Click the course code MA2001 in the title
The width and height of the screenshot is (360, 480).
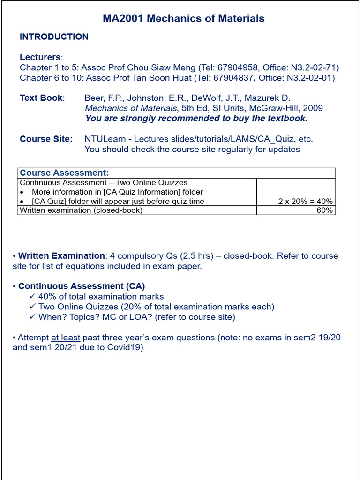pyautogui.click(x=123, y=19)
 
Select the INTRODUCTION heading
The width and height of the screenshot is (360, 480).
pyautogui.click(x=54, y=37)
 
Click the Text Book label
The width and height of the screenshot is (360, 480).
pyautogui.click(x=41, y=98)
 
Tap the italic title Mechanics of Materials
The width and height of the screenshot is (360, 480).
pyautogui.click(x=131, y=108)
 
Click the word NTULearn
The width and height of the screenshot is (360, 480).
pyautogui.click(x=105, y=139)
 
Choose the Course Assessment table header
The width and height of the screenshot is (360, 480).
pyautogui.click(x=64, y=173)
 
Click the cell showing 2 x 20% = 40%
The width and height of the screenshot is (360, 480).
pyautogui.click(x=305, y=201)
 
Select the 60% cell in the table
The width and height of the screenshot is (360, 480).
pyautogui.click(x=325, y=210)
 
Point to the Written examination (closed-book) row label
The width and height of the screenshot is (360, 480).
pyautogui.click(x=81, y=210)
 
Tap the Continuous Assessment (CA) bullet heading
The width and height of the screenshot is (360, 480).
pyautogui.click(x=82, y=286)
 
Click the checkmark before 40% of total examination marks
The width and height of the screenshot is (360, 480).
pyautogui.click(x=32, y=297)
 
